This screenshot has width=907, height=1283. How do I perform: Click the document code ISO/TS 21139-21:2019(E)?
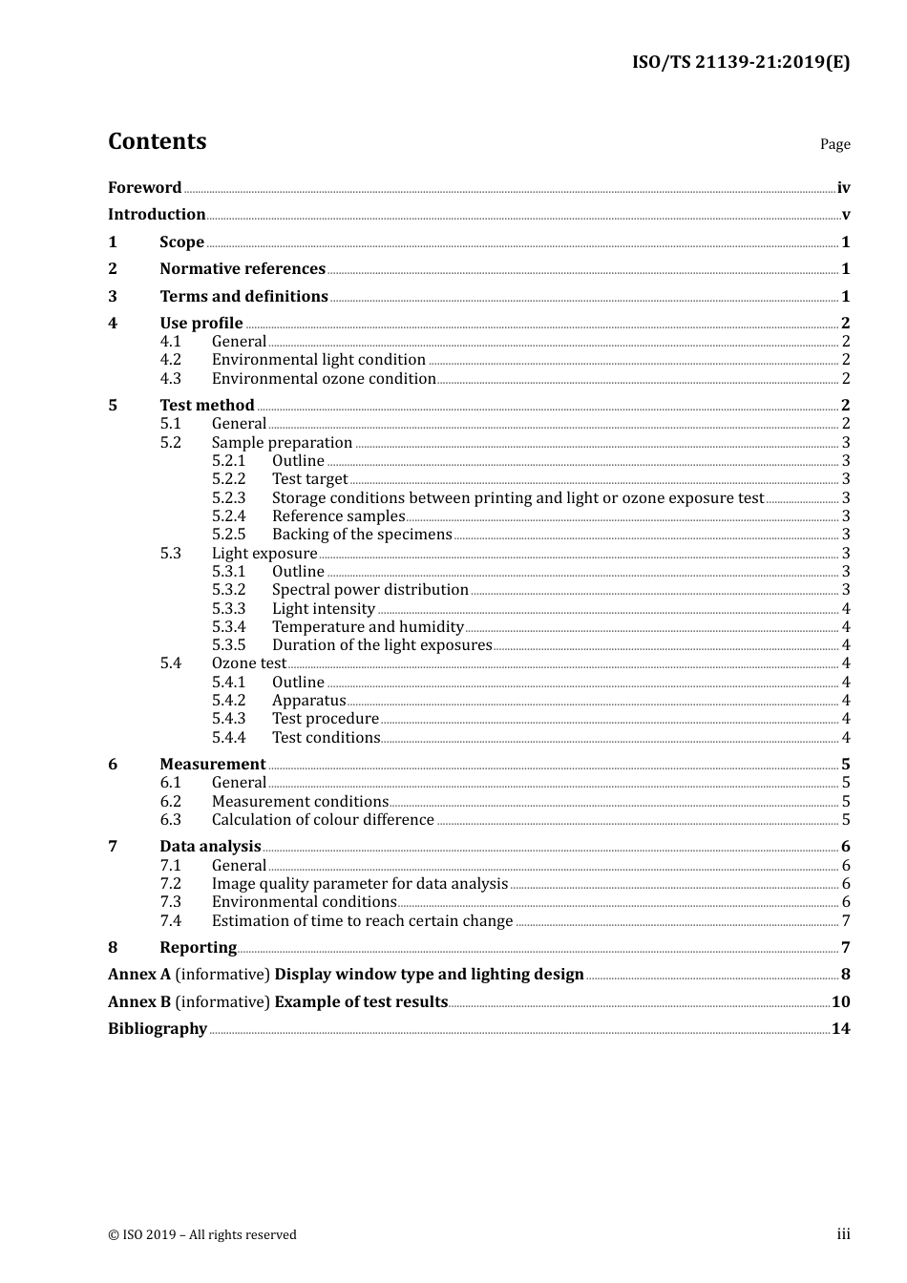coord(740,62)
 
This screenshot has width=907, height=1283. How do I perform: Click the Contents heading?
coord(157,141)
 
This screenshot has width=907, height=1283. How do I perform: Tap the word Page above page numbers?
coord(834,144)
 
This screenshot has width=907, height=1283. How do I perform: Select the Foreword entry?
coord(144,187)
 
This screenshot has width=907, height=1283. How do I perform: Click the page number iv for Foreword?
coord(843,188)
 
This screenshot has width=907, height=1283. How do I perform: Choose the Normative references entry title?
coord(243,269)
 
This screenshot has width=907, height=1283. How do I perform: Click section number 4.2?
coord(170,360)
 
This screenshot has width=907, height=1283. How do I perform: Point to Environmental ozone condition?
coord(324,379)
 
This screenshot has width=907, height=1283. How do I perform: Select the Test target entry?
coord(309,479)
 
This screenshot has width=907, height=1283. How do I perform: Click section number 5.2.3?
coord(228,498)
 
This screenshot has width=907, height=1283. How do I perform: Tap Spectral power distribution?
coord(369,590)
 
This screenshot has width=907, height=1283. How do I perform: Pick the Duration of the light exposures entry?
coord(382,645)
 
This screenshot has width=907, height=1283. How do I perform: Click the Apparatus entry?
coord(308,701)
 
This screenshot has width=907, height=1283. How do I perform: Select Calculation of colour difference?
coord(323,820)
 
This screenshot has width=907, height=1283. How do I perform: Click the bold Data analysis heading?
coord(210,847)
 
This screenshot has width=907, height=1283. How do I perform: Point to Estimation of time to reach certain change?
coord(362,921)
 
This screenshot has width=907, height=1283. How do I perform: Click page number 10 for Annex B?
coord(840,1002)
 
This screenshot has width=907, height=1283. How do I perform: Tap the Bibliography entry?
coord(158,1029)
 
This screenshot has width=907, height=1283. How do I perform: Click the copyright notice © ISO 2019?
coord(202,1235)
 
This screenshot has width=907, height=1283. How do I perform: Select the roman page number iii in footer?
coord(843,1234)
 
